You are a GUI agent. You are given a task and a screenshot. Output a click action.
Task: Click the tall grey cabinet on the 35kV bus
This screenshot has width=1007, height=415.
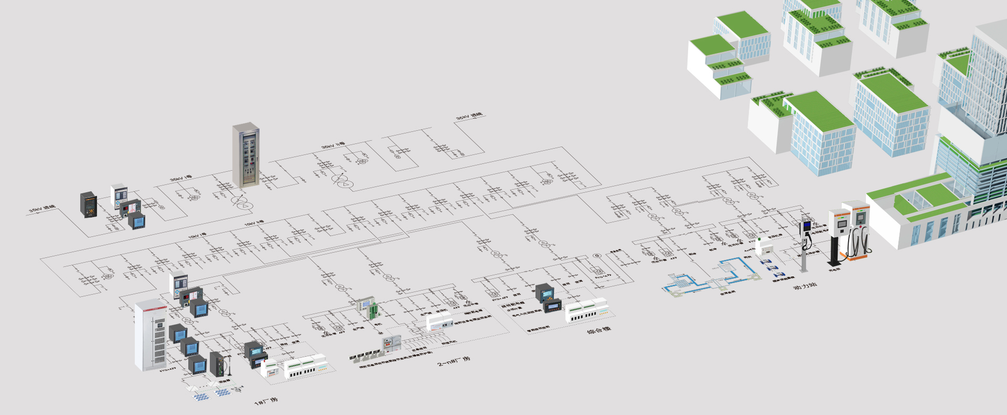coord(246,155)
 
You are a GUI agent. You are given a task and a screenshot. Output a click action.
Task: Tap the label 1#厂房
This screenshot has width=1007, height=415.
coord(266,402)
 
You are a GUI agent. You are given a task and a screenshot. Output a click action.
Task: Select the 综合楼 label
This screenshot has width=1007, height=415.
coord(598,330)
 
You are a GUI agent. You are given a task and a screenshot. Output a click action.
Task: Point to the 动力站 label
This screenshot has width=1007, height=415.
coord(805,286)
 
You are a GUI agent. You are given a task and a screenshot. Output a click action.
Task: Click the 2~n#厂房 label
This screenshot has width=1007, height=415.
coord(454,361)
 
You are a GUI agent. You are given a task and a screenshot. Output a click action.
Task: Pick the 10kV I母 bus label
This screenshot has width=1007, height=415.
coord(197,236)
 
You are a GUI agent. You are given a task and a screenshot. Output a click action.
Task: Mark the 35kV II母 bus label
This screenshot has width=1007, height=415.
coord(333,145)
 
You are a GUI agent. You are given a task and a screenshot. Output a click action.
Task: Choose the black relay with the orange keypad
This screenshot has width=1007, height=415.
coord(89,205)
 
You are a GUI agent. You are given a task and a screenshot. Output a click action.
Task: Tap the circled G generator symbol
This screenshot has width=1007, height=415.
coord(596,256)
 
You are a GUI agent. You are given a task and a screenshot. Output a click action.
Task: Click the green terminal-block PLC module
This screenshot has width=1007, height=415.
coord(367,307)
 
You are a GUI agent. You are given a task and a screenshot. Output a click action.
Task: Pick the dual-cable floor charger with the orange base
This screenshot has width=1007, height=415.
coord(859,231)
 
